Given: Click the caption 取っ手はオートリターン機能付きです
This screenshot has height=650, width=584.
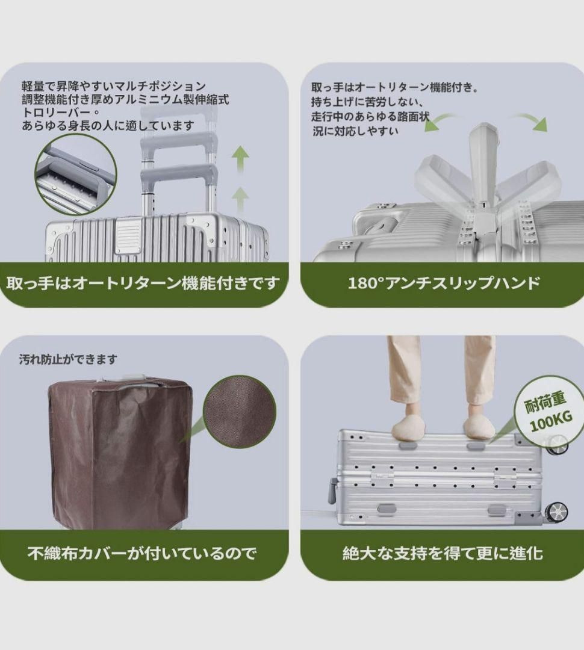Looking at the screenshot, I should tap(143, 283).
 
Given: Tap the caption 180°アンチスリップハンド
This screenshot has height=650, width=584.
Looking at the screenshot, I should tap(444, 283).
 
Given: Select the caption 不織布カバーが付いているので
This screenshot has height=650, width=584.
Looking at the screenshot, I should tap(142, 552).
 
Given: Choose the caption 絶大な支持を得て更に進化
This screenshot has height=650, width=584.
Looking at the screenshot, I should tap(443, 552).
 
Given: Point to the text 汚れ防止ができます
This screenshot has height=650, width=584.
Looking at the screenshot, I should tap(68, 359).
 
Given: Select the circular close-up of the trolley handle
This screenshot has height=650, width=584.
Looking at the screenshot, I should tap(75, 175).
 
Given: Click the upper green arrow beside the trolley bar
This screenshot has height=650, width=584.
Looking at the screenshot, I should tap(240, 159).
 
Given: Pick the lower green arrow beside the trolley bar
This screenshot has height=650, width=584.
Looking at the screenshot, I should tap(240, 199).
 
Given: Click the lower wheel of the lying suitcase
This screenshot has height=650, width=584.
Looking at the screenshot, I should tap(557, 512).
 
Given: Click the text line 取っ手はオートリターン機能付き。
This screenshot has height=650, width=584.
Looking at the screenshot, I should tap(395, 88).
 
